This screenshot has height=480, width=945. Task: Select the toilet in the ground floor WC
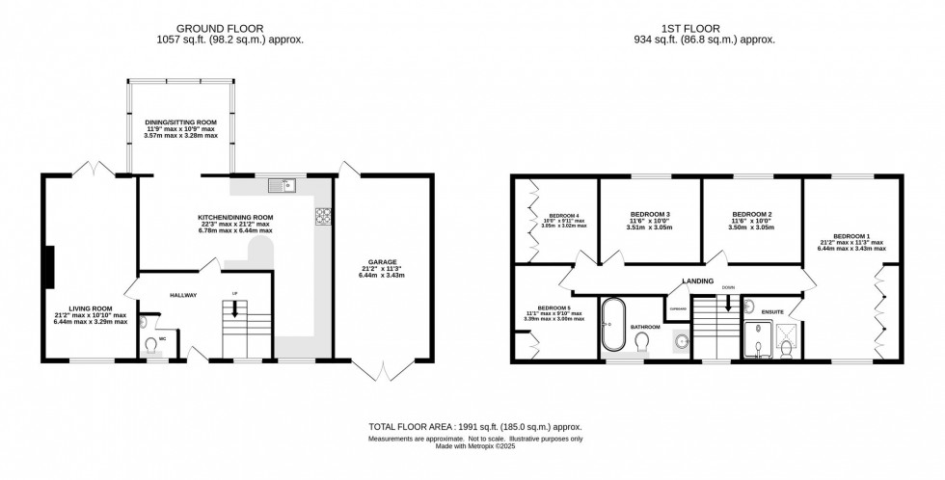pos(150,344)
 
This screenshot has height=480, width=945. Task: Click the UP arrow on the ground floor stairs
pos(233,310)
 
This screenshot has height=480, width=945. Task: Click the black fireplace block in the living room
pos(49,266)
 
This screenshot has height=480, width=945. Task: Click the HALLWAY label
pos(183,295)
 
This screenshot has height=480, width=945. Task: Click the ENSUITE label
pos(771,311)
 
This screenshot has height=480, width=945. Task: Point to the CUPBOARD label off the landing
pos(677,310)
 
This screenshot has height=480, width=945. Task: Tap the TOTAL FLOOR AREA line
pos(474,426)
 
